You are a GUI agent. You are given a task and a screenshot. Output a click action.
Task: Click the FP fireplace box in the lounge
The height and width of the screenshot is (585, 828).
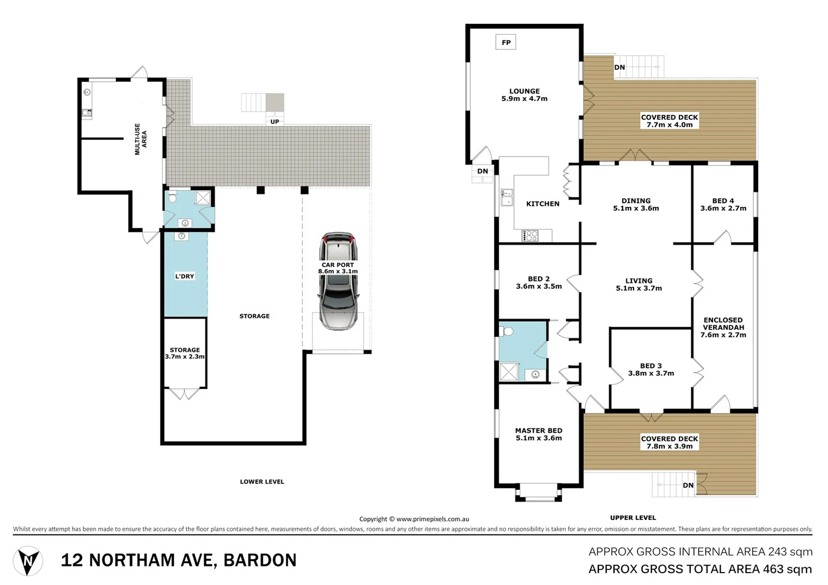pos(506,42)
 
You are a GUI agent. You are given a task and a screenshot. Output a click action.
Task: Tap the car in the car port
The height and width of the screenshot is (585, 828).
pos(339,282)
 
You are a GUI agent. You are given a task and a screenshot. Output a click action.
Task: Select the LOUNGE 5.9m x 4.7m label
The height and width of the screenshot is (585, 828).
pos(524,95)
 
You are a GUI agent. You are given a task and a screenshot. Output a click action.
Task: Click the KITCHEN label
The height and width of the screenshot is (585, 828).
pos(542,204)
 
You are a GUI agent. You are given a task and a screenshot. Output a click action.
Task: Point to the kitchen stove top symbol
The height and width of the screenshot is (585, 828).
pos(530,236)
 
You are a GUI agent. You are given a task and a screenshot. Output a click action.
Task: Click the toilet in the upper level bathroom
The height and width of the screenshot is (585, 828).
pos(507,331)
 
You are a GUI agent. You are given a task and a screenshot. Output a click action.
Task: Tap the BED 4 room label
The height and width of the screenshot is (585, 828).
pos(723,204)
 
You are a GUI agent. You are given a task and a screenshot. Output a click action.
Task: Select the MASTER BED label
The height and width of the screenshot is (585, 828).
pos(539,434)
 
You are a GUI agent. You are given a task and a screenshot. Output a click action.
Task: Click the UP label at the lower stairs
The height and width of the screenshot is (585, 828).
pos(275,122)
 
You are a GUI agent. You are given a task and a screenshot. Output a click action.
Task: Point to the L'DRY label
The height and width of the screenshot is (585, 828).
pos(184,276)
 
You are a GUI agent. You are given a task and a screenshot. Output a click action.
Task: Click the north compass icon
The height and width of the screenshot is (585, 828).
pos(28,561)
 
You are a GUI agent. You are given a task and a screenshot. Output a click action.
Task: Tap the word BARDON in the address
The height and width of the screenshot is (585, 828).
pos(260,560)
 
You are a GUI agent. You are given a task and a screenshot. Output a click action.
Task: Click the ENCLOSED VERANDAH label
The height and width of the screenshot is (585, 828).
pos(723,327)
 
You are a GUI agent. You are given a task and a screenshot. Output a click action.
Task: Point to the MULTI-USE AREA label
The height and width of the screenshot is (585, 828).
pos(140,139)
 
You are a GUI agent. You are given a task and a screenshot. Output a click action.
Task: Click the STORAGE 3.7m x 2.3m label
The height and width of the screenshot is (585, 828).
pos(185,353)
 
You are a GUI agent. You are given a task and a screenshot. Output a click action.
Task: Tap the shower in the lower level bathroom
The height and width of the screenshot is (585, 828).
pos(203,197)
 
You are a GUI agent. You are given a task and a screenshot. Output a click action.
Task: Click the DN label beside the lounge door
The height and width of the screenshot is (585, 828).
pos(482,171)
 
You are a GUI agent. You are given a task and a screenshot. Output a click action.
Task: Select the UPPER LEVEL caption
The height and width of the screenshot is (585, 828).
pos(632,517)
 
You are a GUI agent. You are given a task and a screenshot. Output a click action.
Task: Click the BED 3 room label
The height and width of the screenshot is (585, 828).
pos(651,369)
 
